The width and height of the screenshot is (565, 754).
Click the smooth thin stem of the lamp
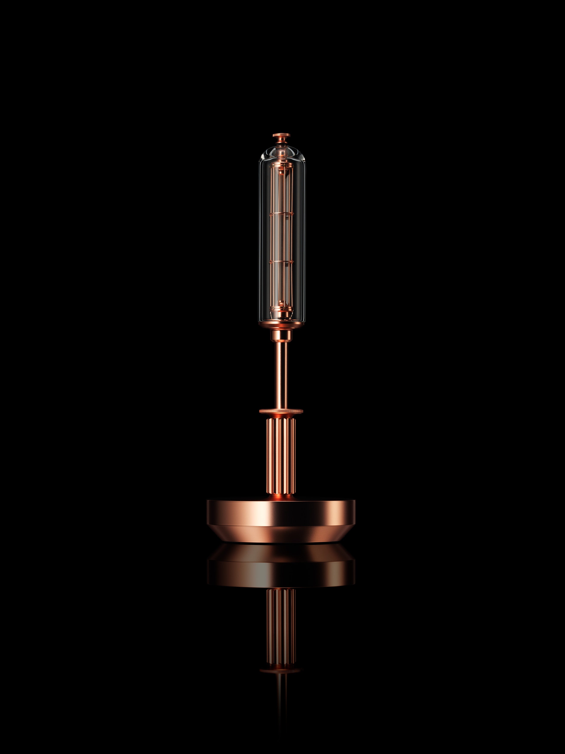click(x=281, y=375)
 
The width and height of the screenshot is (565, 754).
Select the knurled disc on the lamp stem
click(x=281, y=411)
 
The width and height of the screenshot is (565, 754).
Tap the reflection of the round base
click(x=281, y=571)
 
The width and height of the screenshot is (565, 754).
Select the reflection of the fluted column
click(x=281, y=634)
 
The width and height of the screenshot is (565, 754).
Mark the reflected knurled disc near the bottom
click(x=281, y=671)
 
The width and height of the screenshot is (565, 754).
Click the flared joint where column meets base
click(x=281, y=498)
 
